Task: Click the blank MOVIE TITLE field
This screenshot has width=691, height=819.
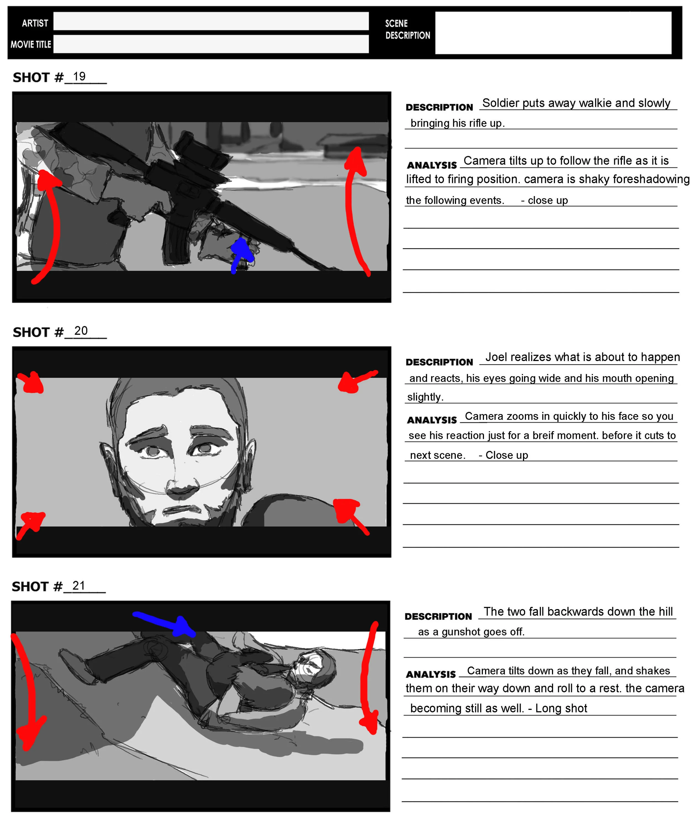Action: [x=211, y=44]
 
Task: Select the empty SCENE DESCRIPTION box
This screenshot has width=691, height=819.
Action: [x=553, y=33]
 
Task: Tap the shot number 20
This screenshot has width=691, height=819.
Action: [x=81, y=331]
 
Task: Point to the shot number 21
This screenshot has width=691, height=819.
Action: [x=79, y=585]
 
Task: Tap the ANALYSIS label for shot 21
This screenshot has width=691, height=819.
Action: [x=431, y=674]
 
